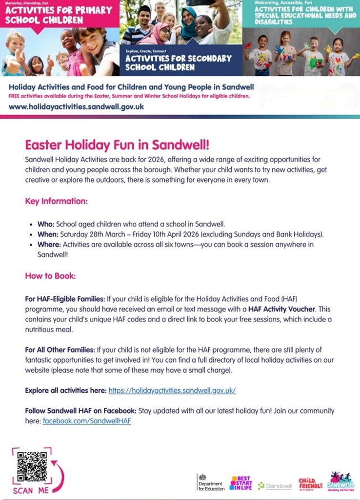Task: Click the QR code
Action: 32,467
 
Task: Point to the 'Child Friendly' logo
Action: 311,483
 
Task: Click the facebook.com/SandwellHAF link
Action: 87,420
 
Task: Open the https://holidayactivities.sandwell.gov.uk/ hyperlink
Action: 172,391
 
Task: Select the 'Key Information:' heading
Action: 56,201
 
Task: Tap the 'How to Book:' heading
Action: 50,276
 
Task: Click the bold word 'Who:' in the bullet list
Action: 46,225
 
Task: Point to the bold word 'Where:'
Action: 49,244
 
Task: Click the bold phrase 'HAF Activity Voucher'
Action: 282,309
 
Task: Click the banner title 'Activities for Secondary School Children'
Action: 178,62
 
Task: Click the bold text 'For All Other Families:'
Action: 60,350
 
